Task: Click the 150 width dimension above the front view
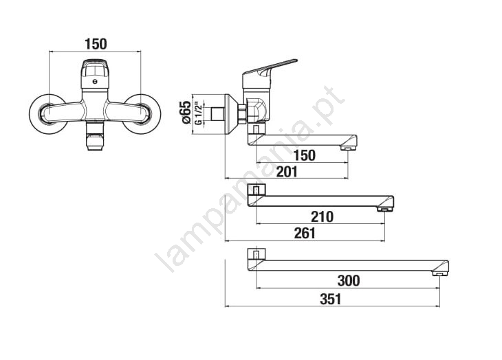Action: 96,44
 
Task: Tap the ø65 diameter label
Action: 185,112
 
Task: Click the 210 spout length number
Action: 321,217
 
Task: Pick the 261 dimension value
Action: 304,234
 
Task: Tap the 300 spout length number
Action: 348,281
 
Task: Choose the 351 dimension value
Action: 330,299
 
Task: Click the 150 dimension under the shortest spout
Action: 304,155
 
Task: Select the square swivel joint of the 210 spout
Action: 256,190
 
